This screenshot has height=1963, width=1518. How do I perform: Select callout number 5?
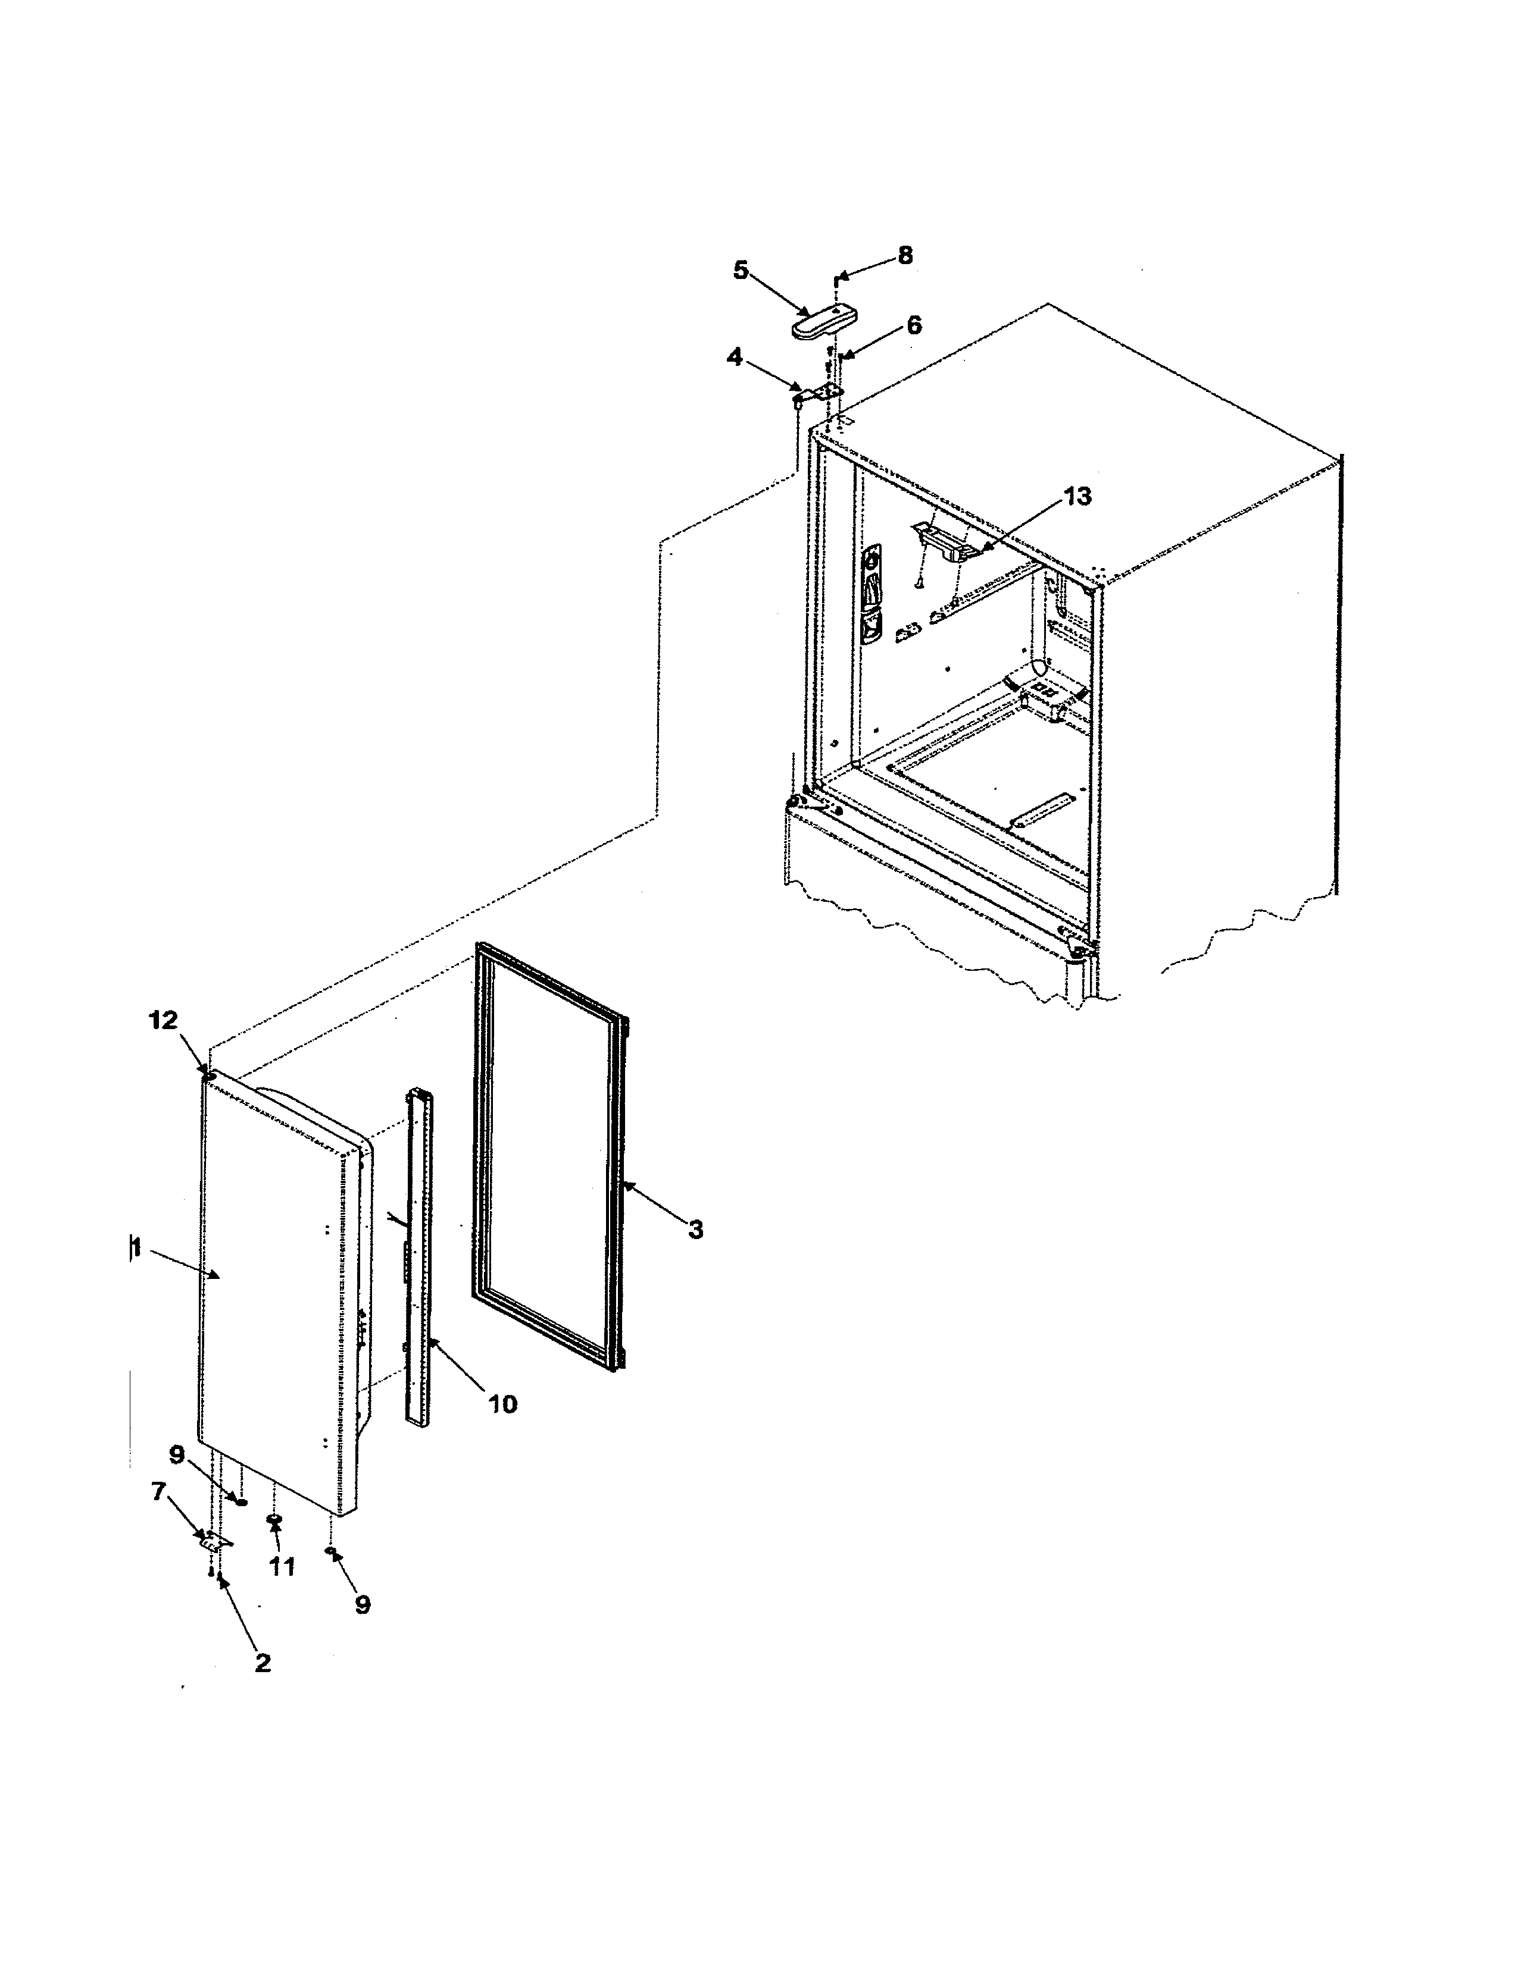740,269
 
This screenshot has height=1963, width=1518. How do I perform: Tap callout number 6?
914,325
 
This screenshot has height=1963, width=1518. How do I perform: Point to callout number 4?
735,357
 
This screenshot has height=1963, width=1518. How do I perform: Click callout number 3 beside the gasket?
695,1230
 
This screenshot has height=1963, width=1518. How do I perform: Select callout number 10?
502,1404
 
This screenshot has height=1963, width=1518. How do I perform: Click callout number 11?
282,1567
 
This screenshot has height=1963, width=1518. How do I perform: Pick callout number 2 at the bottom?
262,1663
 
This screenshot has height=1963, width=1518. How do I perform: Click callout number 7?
159,1492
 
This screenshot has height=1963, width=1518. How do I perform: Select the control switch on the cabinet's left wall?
870,598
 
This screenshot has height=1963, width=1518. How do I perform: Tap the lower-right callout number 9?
363,1604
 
